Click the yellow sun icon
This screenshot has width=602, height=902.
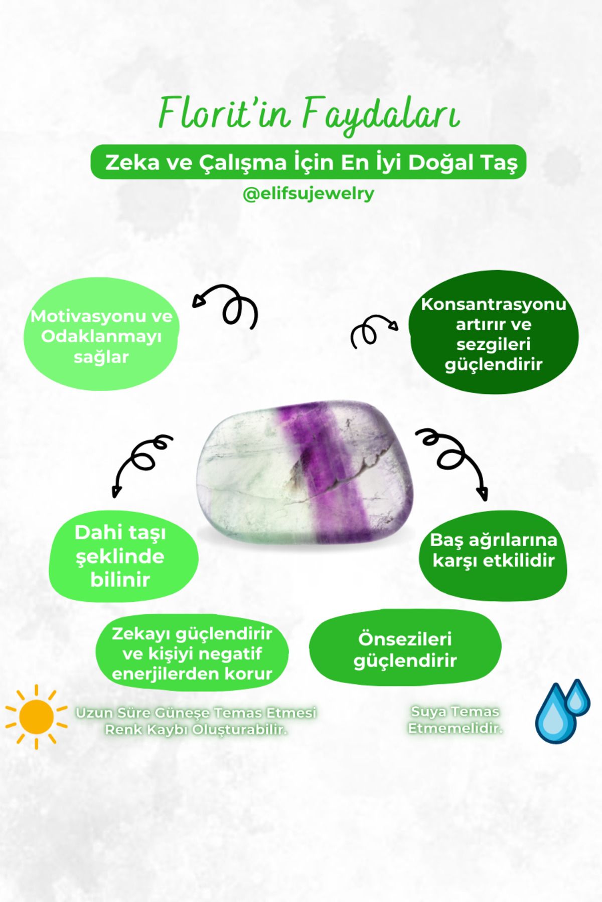[36, 717]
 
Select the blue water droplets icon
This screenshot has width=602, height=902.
[562, 711]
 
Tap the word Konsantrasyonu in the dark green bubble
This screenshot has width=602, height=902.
[493, 304]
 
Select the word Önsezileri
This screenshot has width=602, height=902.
[405, 639]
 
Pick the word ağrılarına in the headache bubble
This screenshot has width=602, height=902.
[508, 541]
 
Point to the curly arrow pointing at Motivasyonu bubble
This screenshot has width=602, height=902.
[228, 307]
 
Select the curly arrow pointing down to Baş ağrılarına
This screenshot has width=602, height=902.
[454, 461]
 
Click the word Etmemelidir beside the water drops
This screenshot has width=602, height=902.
[455, 728]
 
